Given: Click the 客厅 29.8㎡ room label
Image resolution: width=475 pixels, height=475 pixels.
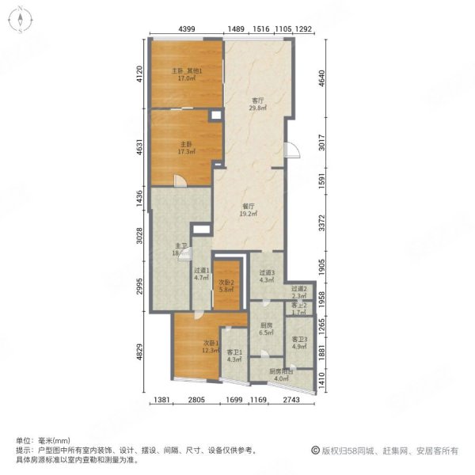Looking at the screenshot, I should coord(257,105).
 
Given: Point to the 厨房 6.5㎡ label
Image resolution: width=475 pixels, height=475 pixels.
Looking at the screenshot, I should coord(266,329).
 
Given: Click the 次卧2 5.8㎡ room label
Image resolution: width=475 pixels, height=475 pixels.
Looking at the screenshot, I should coord(227,287).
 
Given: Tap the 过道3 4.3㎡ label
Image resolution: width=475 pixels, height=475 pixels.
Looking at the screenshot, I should coord(266,276).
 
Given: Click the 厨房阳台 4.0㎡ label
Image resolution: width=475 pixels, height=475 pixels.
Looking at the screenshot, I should coord(281,375).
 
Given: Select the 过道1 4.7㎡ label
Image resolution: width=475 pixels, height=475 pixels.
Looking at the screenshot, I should coord(202,274).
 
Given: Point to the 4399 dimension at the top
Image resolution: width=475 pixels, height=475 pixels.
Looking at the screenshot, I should coord(187,29).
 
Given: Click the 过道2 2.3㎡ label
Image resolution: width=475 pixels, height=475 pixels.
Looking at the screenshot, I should coord(298,292).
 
